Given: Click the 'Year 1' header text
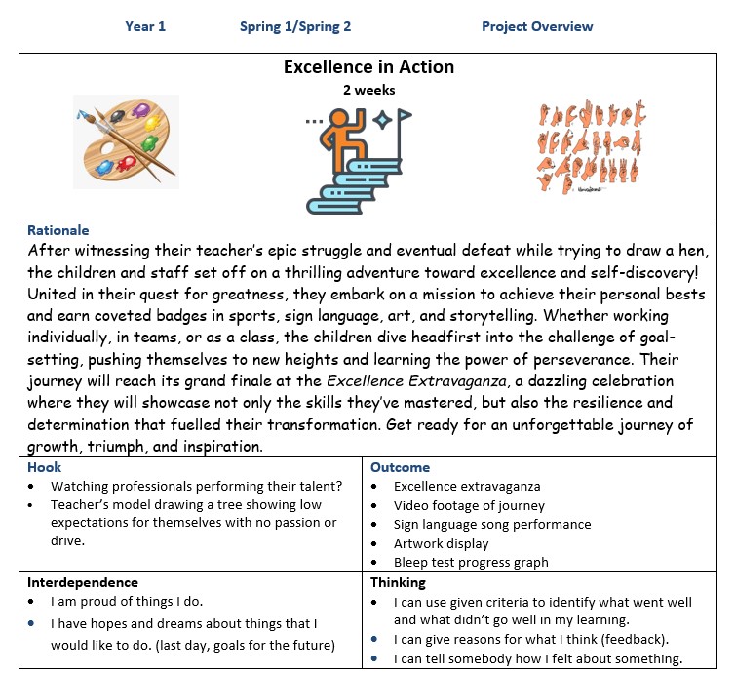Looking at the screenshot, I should pos(144,26).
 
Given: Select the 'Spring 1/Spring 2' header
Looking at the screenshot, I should pos(295,26).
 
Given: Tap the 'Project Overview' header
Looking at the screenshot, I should pos(537,26).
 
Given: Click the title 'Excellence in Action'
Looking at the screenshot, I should pos(368,67).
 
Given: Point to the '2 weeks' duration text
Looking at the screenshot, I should pos(368,90).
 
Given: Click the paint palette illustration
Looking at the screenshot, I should pos(126,140).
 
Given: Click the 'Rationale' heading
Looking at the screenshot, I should pos(58,230).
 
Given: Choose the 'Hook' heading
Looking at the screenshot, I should pos(44,467).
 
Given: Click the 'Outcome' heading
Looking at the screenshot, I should pos(400,467).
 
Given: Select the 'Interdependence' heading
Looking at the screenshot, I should pos(83,582).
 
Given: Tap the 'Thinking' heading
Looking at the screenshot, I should pos(398,582).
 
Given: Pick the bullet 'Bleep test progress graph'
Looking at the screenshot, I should pos(471,562).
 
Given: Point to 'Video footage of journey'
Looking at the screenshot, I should pos(469,505).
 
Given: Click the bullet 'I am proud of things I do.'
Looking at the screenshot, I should pos(128,601).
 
